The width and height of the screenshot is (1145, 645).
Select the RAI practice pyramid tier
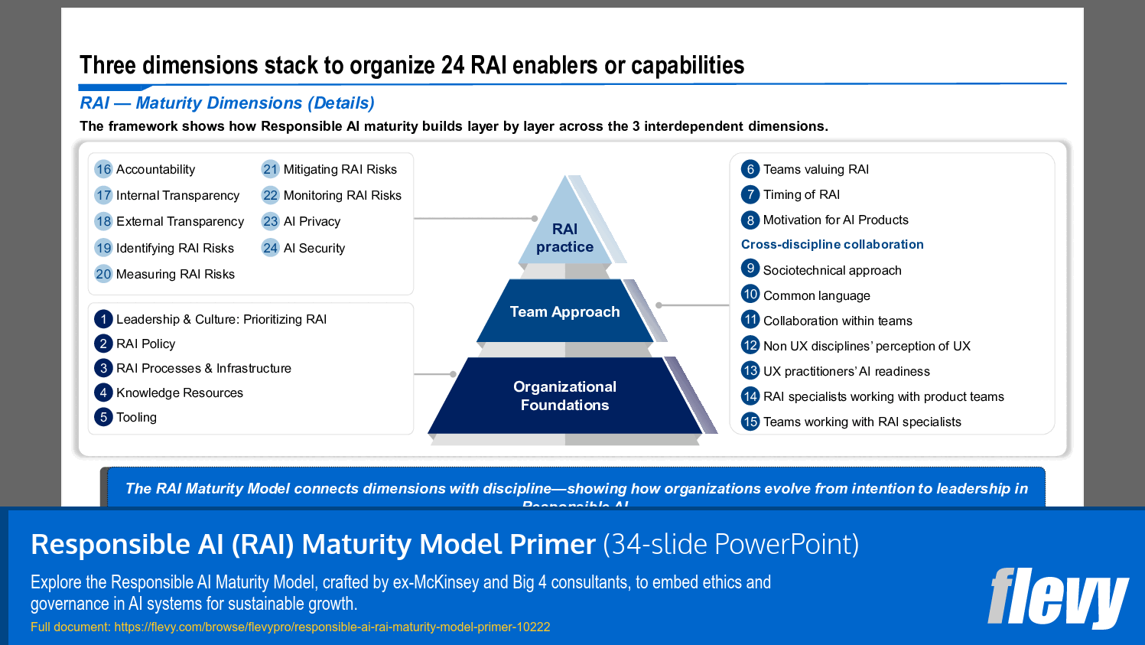coord(564,237)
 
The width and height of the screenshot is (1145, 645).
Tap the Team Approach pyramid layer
coord(564,311)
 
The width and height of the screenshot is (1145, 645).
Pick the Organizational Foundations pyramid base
coord(564,396)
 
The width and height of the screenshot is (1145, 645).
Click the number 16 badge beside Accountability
coord(103,169)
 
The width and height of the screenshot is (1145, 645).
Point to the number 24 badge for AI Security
coord(270,248)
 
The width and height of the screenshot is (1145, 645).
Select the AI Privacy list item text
coord(311,222)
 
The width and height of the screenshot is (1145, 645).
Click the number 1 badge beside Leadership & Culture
coord(103,319)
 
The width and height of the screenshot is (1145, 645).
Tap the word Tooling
coord(136,418)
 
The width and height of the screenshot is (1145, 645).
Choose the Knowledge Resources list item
coord(179,393)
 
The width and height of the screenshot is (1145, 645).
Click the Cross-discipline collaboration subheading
coord(832,245)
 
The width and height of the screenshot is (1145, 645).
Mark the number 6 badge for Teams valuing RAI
coord(750,169)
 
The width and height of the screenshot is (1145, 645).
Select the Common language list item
coord(816,296)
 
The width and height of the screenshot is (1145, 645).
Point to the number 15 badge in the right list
coord(750,422)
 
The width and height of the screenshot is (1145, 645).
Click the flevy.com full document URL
coord(332,627)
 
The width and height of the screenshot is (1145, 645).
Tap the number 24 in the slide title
coord(453,66)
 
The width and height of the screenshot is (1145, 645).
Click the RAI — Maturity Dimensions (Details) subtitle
coord(227,103)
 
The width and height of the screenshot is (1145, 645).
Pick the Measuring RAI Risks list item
coord(175,275)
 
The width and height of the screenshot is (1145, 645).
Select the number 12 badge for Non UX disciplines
coord(750,346)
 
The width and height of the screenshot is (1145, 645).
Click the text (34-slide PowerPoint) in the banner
coord(730,545)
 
